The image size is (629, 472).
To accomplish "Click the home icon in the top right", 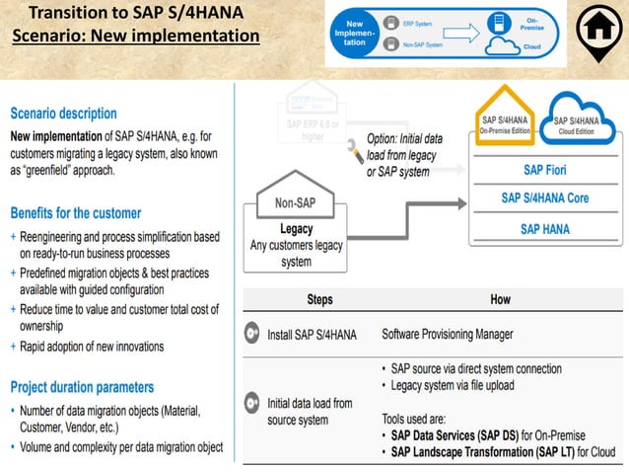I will click(x=596, y=33).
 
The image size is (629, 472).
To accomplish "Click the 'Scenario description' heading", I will click(x=63, y=114).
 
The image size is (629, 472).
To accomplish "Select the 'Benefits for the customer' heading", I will click(x=76, y=212).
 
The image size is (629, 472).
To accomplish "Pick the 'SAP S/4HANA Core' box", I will click(x=544, y=198).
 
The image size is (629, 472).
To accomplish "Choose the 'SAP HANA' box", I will click(x=544, y=229).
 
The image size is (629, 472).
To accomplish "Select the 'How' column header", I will click(x=500, y=299).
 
